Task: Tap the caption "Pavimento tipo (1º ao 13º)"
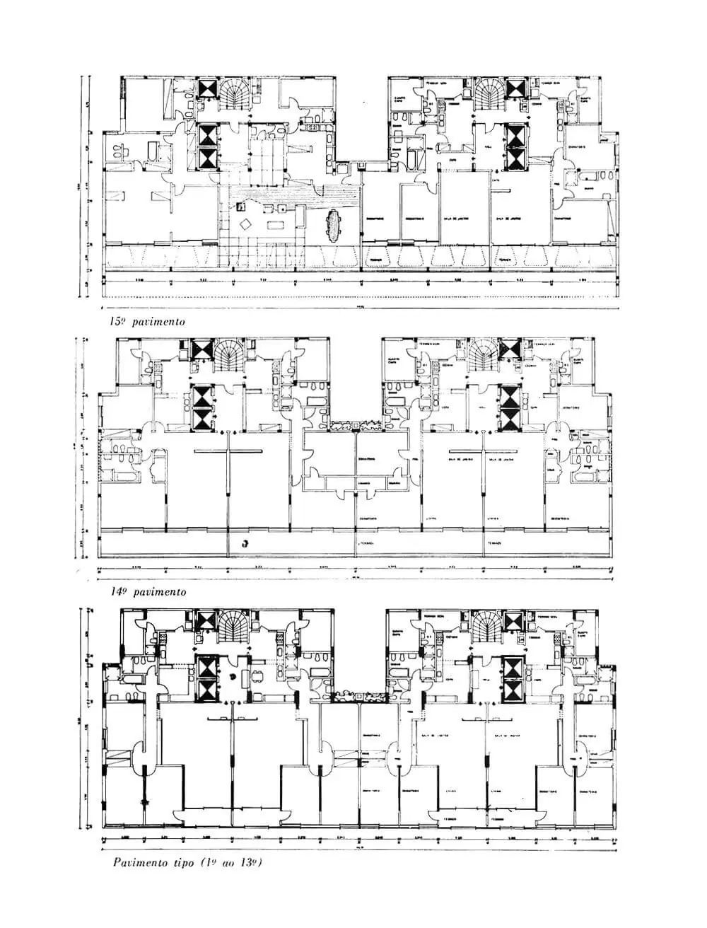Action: coord(187,862)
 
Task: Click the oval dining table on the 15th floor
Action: coord(333,224)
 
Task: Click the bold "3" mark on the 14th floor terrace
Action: coord(245,543)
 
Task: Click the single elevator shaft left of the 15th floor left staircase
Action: coord(209,89)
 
